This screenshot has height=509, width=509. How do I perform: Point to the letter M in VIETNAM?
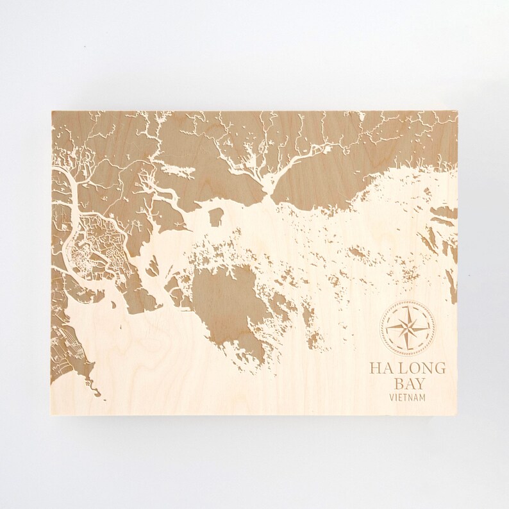click(422, 398)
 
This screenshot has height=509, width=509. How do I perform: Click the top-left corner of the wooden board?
click(51, 111)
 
